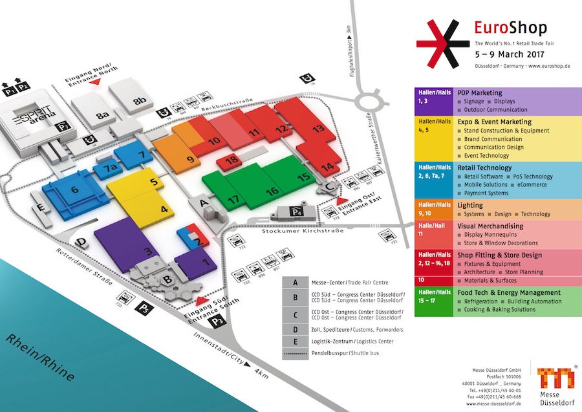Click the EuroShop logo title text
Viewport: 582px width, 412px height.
(510, 28)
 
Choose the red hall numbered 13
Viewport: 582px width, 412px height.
(317, 129)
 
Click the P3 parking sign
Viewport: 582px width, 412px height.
(219, 320)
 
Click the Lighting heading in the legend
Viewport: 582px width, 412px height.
(471, 204)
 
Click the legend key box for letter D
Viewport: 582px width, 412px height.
(296, 329)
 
